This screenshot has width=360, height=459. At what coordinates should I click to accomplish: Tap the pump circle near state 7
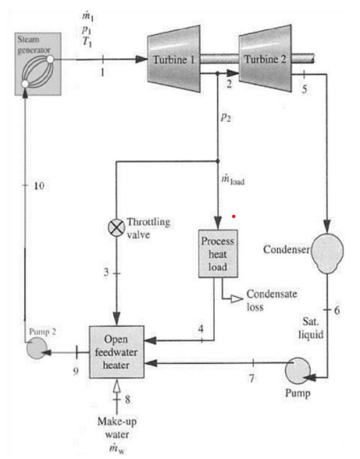298,373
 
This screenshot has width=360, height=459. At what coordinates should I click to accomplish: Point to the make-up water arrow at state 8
116,392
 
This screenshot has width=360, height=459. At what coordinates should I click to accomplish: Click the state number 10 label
39,187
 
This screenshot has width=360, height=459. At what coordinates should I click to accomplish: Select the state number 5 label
306,88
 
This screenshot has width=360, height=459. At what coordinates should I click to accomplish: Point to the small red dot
234,216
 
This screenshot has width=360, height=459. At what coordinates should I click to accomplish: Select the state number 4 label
200,328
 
